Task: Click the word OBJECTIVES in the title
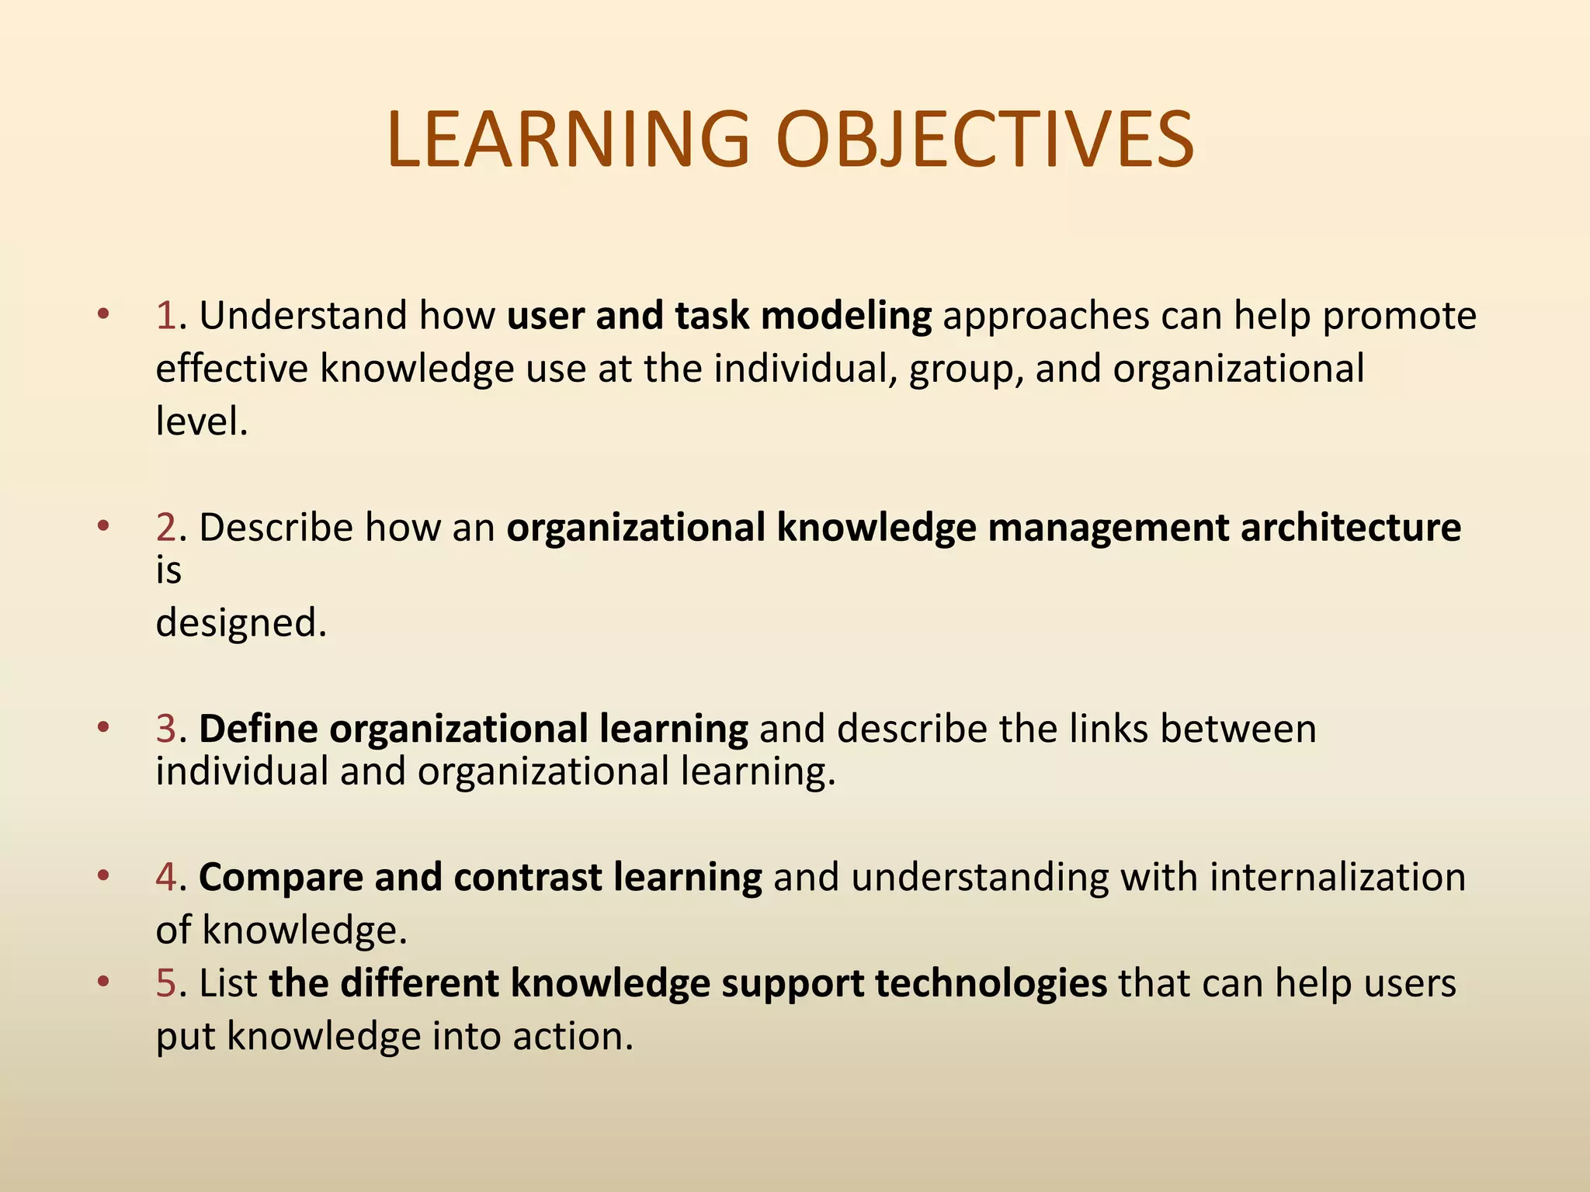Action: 984,140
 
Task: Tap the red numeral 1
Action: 165,316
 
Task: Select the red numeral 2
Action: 166,528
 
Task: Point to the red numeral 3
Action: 166,729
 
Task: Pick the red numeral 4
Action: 166,877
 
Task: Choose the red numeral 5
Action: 166,983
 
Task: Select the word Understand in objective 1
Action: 303,316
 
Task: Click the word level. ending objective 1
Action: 201,421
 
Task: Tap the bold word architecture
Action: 1350,528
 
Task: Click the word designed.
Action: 241,622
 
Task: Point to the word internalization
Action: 1337,877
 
